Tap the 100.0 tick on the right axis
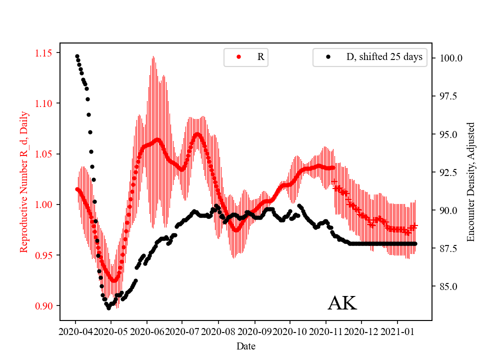[x=451, y=58]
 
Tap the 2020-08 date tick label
[x=218, y=331]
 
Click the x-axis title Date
[x=245, y=345]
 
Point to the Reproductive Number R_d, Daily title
[x=23, y=181]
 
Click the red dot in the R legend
[x=238, y=57]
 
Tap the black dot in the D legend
[x=328, y=57]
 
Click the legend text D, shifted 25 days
[x=384, y=57]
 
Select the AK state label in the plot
[x=342, y=303]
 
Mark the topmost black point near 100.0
[x=77, y=56]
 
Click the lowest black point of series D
[x=108, y=308]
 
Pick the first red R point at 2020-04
[x=76, y=189]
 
